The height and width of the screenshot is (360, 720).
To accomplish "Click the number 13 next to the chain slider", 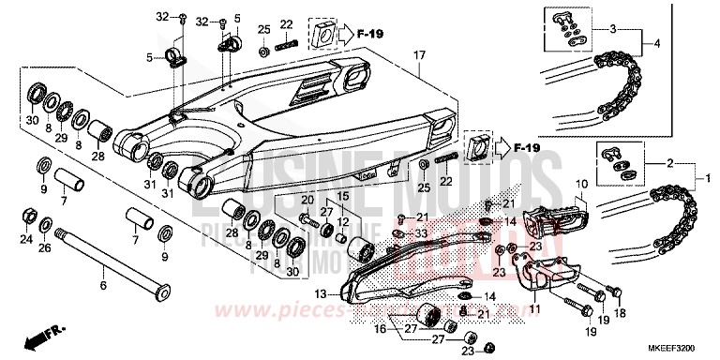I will (321, 293).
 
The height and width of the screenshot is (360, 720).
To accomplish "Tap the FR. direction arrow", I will (37, 335).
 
